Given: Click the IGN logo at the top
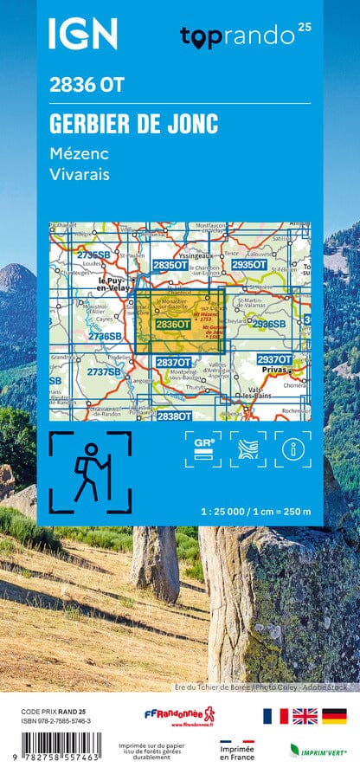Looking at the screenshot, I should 82,34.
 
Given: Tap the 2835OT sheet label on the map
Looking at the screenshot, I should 170,264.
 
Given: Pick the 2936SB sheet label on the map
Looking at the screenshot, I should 268,324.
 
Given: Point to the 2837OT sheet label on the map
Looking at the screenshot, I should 173,361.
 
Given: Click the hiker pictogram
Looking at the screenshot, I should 88,468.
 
